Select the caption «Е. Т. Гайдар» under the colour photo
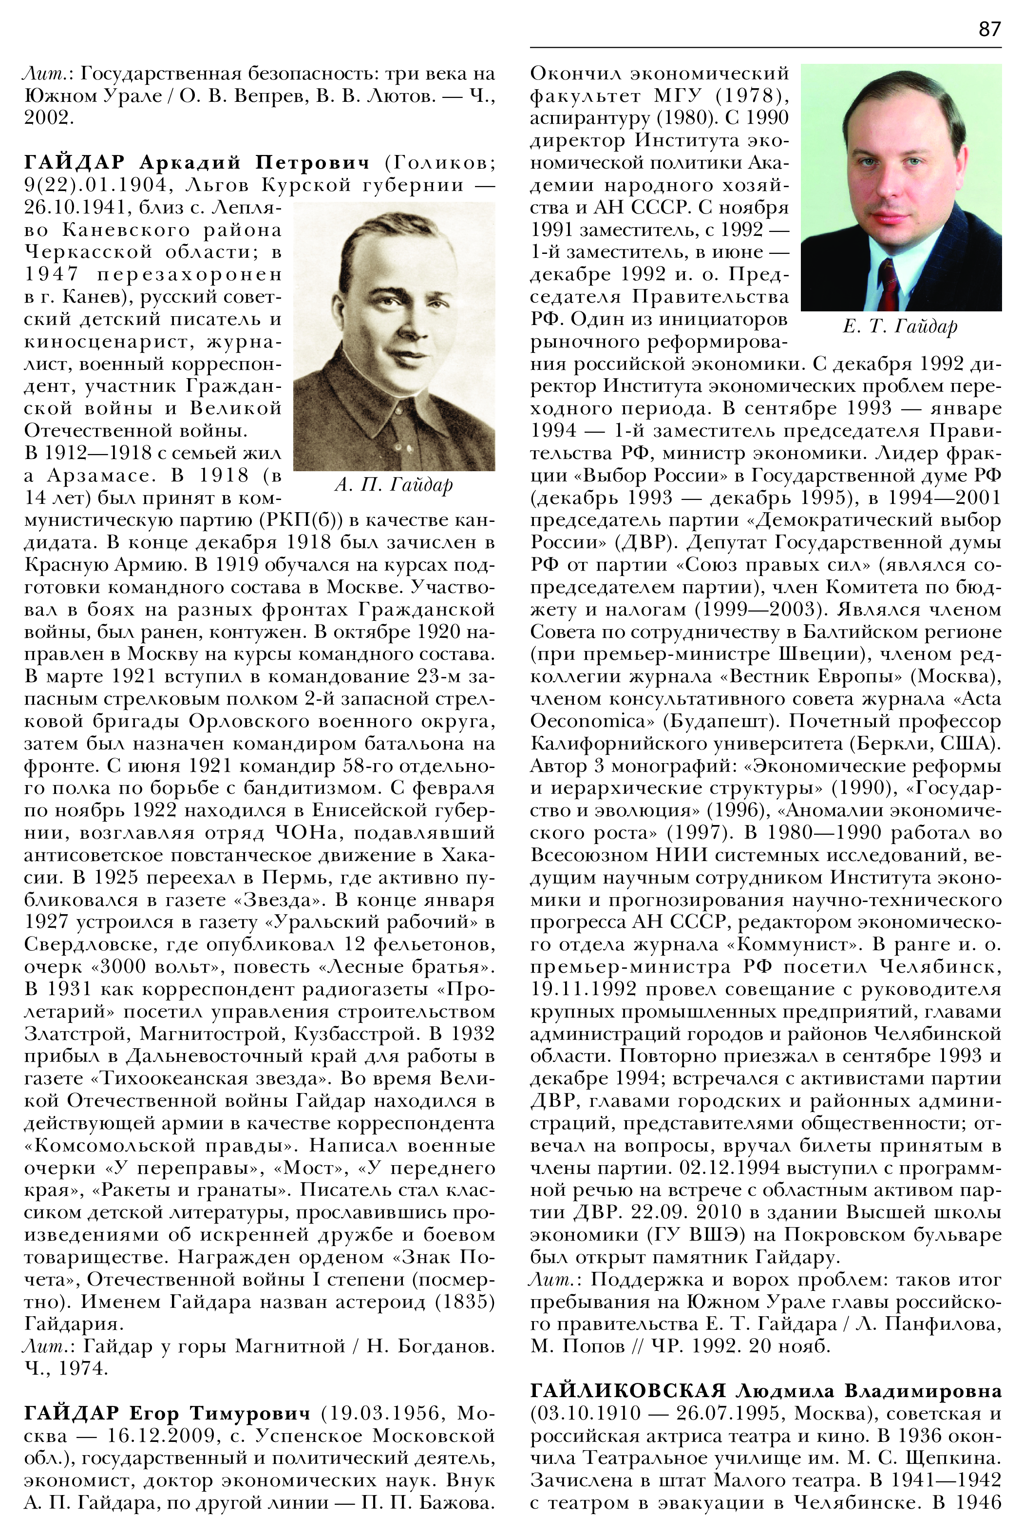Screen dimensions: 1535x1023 click(900, 326)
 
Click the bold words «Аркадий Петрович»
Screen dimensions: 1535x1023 click(255, 162)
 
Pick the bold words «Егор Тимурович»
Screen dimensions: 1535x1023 click(219, 1414)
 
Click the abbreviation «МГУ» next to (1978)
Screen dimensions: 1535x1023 click(679, 96)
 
